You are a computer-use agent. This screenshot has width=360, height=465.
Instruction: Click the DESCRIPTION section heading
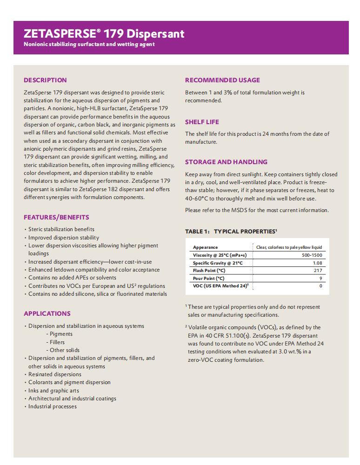pos(45,80)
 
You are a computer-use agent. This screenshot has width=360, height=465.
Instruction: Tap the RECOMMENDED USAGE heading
pos(222,80)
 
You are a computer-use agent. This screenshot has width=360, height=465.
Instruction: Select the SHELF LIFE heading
pos(202,122)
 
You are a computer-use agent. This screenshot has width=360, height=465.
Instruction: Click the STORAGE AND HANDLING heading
pos(226,162)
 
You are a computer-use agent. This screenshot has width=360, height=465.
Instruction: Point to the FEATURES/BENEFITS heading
pos(56,217)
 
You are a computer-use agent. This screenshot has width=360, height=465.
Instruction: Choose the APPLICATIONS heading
pos(47,313)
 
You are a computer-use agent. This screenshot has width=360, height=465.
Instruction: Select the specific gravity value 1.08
pos(318,263)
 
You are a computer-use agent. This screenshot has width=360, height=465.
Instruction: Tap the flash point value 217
pos(318,271)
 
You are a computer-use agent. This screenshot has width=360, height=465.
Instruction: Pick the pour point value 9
pos(320,278)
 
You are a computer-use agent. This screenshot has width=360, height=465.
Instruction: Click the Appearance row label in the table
pos(205,247)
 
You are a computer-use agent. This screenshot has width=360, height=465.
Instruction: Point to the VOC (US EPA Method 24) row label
pos(220,286)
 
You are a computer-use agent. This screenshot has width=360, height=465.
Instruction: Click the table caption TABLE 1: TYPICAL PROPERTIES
pos(231,231)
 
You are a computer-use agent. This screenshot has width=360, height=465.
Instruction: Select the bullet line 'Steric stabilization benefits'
pos(61,229)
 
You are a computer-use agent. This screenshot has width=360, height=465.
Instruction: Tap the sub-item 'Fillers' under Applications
pos(57,342)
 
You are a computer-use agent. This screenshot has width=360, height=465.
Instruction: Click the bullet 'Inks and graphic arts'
pos(53,391)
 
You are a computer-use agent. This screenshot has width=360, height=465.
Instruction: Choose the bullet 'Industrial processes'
pos(53,406)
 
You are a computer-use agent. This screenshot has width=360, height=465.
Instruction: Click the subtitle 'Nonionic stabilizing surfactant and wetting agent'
pos(89,44)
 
